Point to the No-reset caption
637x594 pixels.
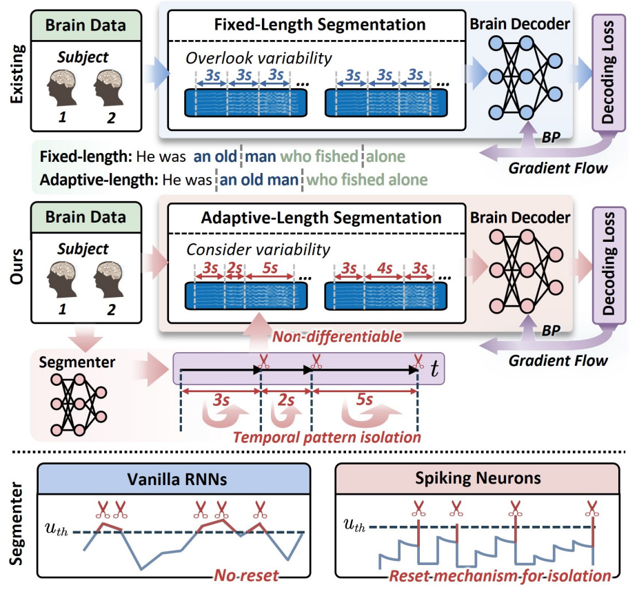246,575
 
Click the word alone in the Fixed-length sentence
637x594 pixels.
386,156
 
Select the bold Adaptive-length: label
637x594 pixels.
99,181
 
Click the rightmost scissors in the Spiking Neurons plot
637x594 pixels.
591,509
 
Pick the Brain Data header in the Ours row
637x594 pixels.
86,217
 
